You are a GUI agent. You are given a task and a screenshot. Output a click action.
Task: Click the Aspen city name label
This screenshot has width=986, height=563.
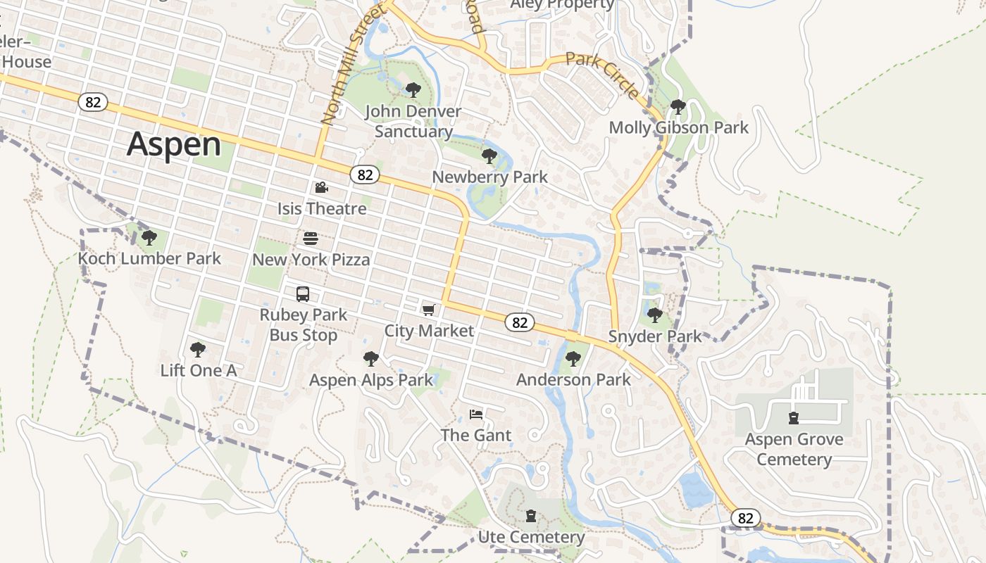[174, 144]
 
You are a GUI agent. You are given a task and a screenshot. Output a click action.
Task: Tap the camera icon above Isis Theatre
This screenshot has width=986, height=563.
[321, 187]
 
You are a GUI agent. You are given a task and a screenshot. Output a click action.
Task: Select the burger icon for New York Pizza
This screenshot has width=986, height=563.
[311, 239]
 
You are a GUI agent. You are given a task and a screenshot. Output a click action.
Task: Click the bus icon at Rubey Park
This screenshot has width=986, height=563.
[303, 294]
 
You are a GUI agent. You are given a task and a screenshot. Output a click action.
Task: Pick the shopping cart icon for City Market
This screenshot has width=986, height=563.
[428, 310]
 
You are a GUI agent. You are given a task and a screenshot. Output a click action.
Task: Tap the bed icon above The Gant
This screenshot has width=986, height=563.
[476, 414]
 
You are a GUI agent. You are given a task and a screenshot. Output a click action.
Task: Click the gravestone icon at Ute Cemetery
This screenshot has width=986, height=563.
[531, 516]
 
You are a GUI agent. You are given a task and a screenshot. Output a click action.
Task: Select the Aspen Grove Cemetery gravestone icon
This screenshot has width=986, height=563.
[794, 418]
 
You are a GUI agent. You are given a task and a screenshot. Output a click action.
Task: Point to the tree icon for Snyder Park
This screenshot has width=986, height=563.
[655, 315]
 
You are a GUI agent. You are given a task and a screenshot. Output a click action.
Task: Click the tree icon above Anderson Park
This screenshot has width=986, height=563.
[573, 359]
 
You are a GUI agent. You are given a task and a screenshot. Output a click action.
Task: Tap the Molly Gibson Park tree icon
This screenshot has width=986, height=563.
[678, 107]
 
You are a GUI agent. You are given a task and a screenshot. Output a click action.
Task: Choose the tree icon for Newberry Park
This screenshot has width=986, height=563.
[489, 156]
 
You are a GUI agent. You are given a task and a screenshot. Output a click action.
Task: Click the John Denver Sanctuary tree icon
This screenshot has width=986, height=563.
[413, 90]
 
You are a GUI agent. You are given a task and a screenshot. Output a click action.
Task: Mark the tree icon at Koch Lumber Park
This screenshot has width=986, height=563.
[149, 237]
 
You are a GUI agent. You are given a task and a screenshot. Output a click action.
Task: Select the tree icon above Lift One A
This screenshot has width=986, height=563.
[198, 349]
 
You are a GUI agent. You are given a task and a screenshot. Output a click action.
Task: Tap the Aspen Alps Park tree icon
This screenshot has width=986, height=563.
[371, 359]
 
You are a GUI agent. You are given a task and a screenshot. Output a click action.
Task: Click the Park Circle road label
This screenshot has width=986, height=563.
[603, 75]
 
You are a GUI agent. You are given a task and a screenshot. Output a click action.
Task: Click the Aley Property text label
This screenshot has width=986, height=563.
[563, 4]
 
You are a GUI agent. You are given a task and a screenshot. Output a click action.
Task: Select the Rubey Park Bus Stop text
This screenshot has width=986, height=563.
[304, 324]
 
